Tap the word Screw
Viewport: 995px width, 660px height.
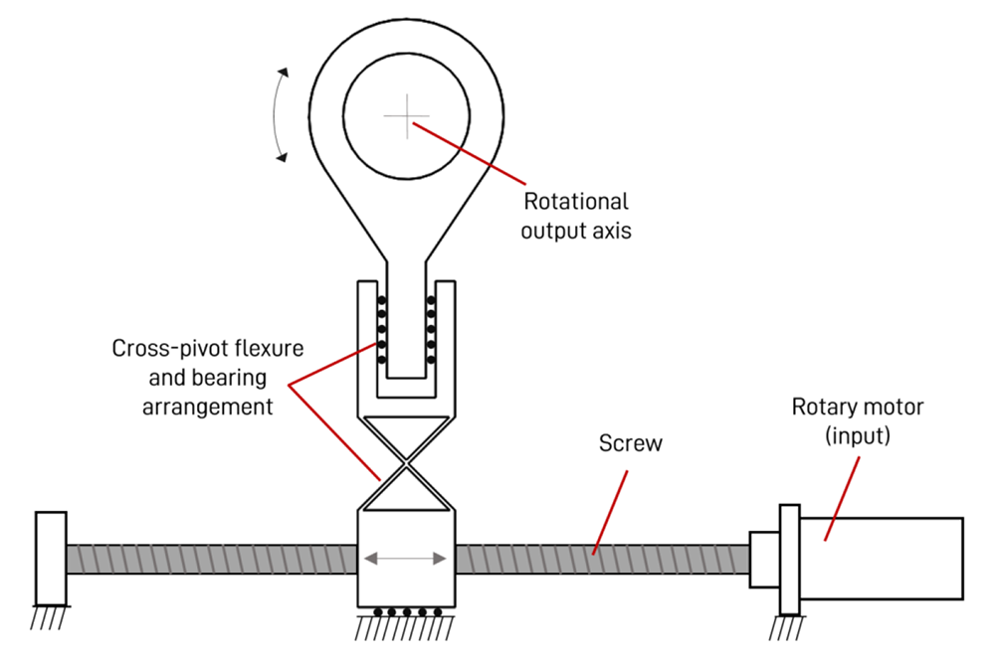point(630,442)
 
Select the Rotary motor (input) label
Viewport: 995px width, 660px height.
point(858,420)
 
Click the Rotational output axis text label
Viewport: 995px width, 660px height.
point(578,215)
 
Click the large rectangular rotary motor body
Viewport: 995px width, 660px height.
point(882,559)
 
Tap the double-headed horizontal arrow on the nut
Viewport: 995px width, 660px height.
point(405,559)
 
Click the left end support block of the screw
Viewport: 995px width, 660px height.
point(51,557)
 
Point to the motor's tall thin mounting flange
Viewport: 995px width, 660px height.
point(789,559)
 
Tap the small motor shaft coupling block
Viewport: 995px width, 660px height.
point(764,559)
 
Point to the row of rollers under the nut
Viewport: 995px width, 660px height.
point(405,612)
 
